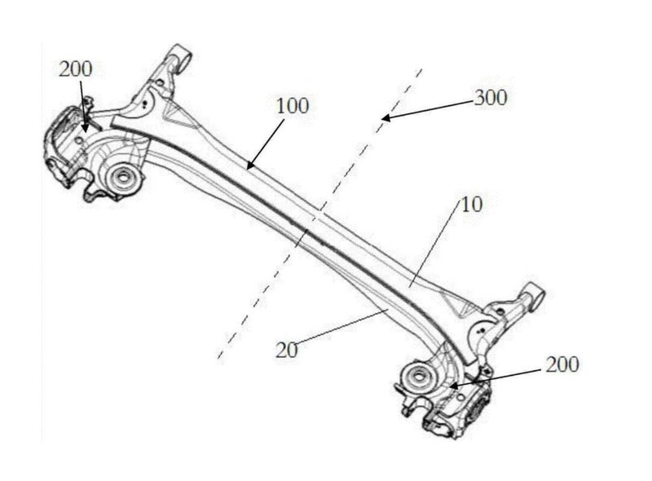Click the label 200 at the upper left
tap(76, 69)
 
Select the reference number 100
tap(293, 106)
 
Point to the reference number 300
tap(491, 98)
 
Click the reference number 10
tap(472, 204)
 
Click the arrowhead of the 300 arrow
tap(385, 119)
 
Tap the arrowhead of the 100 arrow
tap(249, 167)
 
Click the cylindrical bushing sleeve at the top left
tap(181, 56)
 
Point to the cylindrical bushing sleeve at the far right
tap(534, 292)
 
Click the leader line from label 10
tap(436, 245)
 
